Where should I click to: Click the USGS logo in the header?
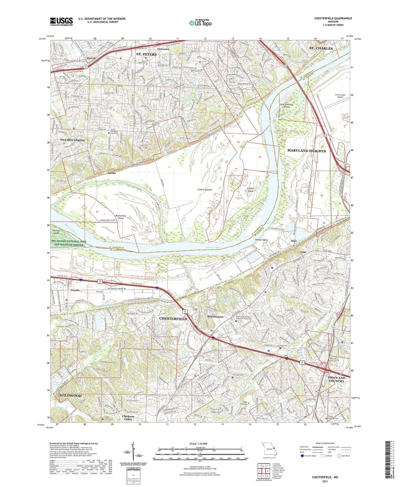point(61,21)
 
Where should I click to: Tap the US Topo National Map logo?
point(200,23)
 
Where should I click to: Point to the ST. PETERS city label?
point(146,54)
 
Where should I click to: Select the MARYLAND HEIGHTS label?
point(307,151)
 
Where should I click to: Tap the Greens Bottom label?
point(205,190)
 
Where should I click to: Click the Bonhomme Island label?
point(121,217)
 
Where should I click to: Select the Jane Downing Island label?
point(286,105)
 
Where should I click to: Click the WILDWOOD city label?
point(70,396)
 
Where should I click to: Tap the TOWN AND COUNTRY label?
point(336,379)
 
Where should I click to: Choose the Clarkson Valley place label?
point(128,417)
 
